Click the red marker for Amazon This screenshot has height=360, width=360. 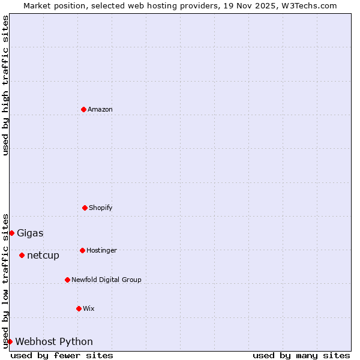pos(83,109)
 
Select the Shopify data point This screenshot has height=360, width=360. pos(85,208)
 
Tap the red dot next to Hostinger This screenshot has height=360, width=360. pos(82,250)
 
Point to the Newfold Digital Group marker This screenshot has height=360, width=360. pos(67,280)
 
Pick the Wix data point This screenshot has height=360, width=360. pos(79,308)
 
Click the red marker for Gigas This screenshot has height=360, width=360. pos(11,233)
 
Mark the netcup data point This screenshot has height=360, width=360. pos(22,255)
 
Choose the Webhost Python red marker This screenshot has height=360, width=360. pos(10,341)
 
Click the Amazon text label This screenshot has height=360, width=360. pos(100,109)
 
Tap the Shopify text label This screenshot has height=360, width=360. pos(101,208)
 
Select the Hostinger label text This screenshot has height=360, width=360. pos(101,250)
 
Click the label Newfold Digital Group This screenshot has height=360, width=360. pos(106,280)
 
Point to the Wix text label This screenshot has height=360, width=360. pos(89,308)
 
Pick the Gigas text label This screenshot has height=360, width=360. pos(30,233)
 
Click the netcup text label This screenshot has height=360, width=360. pos(43,255)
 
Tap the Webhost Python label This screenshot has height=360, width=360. pos(54,341)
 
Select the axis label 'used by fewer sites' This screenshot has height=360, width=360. pos(62,355)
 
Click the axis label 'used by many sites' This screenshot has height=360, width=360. pos(301,355)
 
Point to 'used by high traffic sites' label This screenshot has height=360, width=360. pos(5,85)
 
